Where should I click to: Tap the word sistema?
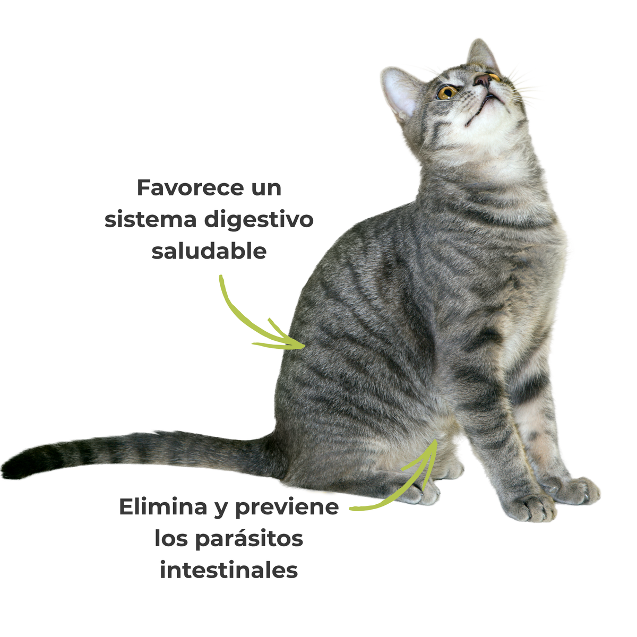pos(150,220)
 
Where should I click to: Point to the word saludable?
pos(209,251)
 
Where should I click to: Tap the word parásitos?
pos(248,539)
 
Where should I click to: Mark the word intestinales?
pos(229,571)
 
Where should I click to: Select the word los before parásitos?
pos(172,539)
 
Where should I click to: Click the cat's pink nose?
pos(483,80)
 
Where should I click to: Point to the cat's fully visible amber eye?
pos(446,92)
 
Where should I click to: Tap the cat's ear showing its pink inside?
pos(401,93)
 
